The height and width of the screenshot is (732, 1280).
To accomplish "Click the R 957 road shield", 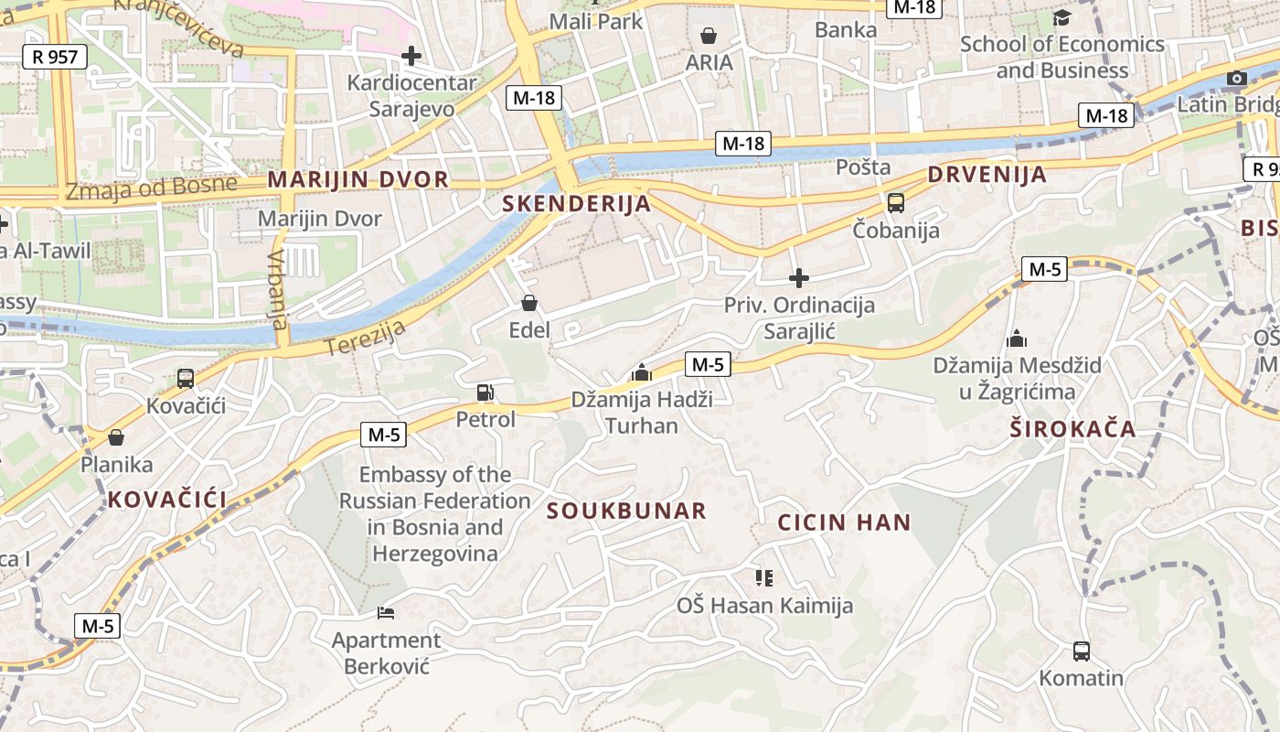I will (x=55, y=57).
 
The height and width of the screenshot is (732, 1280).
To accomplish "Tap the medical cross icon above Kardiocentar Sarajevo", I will (x=411, y=56).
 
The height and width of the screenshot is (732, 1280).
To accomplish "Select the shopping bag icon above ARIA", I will (x=709, y=36).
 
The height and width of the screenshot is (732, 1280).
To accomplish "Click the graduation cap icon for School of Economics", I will (x=1061, y=17).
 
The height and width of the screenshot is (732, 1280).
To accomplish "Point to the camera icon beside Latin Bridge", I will (x=1237, y=78).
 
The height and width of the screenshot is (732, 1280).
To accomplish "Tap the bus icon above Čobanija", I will (x=896, y=203).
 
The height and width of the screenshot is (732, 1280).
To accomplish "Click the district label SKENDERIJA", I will (x=577, y=204).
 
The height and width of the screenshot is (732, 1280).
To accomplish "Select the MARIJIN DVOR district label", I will (x=357, y=179).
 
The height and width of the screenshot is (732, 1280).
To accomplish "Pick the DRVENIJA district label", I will (x=987, y=175).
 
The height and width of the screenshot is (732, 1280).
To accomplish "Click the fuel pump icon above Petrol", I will (x=485, y=393).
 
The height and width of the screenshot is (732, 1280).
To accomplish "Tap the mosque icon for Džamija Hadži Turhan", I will (x=642, y=372).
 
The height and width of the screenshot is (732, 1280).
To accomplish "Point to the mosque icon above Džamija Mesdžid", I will (x=1017, y=339).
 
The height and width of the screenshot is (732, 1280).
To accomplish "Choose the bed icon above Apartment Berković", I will (x=386, y=612).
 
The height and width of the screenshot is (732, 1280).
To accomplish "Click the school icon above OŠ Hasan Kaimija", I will (x=764, y=577).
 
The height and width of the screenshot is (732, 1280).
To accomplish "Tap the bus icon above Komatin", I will (x=1082, y=651).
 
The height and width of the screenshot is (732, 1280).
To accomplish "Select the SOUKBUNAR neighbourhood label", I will (x=627, y=511).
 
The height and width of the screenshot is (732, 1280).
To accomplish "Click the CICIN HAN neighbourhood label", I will (x=844, y=523).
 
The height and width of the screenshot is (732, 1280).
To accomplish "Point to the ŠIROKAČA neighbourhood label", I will (x=1072, y=428).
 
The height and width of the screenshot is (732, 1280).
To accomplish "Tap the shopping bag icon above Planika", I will (x=116, y=437).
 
